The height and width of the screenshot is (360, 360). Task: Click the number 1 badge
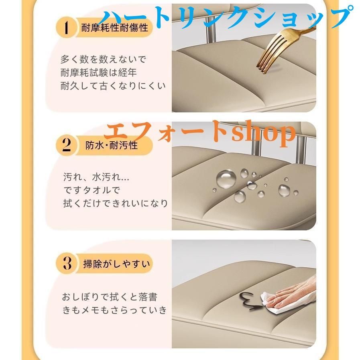tap(66, 27)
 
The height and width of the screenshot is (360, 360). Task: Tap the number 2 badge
tap(66, 146)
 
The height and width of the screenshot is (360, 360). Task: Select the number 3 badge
tap(66, 263)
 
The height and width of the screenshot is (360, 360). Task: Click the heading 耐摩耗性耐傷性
tap(114, 28)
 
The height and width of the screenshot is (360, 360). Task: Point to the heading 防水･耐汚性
tap(111, 145)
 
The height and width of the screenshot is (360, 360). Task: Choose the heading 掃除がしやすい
tap(116, 264)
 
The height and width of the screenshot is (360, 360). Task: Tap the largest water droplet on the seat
tap(226, 179)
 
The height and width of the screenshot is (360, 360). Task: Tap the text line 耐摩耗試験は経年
tap(98, 73)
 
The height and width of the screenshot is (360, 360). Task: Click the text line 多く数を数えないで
tap(103, 59)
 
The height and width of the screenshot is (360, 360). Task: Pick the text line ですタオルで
tap(92, 190)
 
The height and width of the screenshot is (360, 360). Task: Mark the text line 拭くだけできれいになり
tap(116, 203)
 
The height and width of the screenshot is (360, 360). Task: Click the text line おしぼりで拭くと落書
tap(110, 297)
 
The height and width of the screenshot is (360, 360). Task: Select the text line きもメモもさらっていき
tap(114, 310)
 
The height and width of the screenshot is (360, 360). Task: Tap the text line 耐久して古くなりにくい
tap(113, 86)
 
